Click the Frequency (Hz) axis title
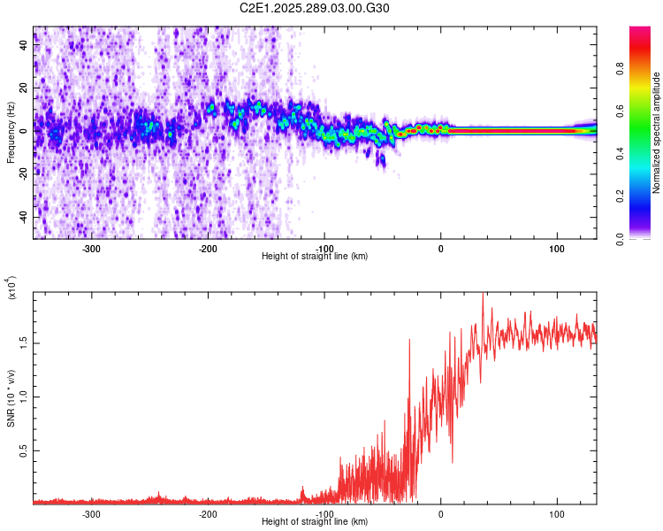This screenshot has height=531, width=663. click(x=11, y=133)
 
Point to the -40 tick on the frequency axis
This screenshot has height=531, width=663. click(x=23, y=217)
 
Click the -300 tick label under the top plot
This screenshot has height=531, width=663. click(x=91, y=249)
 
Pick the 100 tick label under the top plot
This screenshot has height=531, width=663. click(x=557, y=249)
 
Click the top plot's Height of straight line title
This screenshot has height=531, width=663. click(x=315, y=257)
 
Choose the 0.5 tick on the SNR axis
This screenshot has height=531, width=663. click(x=23, y=450)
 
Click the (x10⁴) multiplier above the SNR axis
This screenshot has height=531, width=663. click(x=11, y=288)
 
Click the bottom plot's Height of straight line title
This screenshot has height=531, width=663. click(x=315, y=522)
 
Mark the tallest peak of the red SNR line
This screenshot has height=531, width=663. click(x=483, y=295)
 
